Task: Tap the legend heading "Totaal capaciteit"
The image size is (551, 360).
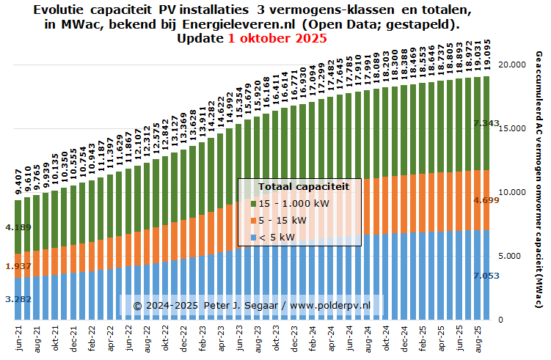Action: (x=299, y=187)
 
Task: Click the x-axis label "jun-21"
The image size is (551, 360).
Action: (x=18, y=338)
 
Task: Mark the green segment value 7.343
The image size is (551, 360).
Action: (x=487, y=123)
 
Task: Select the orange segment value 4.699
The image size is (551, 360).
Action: (x=487, y=199)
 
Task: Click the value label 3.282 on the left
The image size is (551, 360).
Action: (x=18, y=299)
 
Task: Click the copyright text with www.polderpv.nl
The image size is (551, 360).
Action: (x=252, y=304)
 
